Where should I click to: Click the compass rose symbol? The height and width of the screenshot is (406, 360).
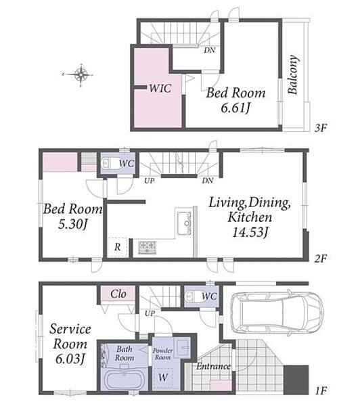point(81,75)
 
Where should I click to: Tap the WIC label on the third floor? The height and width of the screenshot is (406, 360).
point(160,88)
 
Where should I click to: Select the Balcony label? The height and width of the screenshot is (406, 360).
point(293,74)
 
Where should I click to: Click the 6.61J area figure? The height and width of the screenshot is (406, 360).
point(235,108)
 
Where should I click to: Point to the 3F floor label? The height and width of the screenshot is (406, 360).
point(321,128)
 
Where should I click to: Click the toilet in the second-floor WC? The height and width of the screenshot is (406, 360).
point(111,163)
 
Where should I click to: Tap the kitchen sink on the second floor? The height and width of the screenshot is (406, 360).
point(184,223)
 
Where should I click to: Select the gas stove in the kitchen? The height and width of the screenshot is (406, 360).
point(147,247)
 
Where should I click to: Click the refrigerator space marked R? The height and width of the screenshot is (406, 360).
point(118,247)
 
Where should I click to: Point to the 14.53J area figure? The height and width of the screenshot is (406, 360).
point(250,232)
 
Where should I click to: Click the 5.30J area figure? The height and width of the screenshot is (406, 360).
point(72,224)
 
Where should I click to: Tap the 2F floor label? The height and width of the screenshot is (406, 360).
point(321,258)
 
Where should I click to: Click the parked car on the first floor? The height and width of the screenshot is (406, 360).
point(277,314)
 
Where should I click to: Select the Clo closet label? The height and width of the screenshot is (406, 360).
point(118,294)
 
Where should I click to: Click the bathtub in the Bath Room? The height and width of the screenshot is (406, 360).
point(123,379)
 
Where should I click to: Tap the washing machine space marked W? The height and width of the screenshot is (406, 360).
point(163,378)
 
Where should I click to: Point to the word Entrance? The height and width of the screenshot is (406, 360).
point(213,366)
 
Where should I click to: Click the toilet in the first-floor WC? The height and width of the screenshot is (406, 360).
point(194,296)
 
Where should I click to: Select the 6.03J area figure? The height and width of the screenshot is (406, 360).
point(70,359)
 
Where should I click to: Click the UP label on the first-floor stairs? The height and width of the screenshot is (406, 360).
point(150,313)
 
